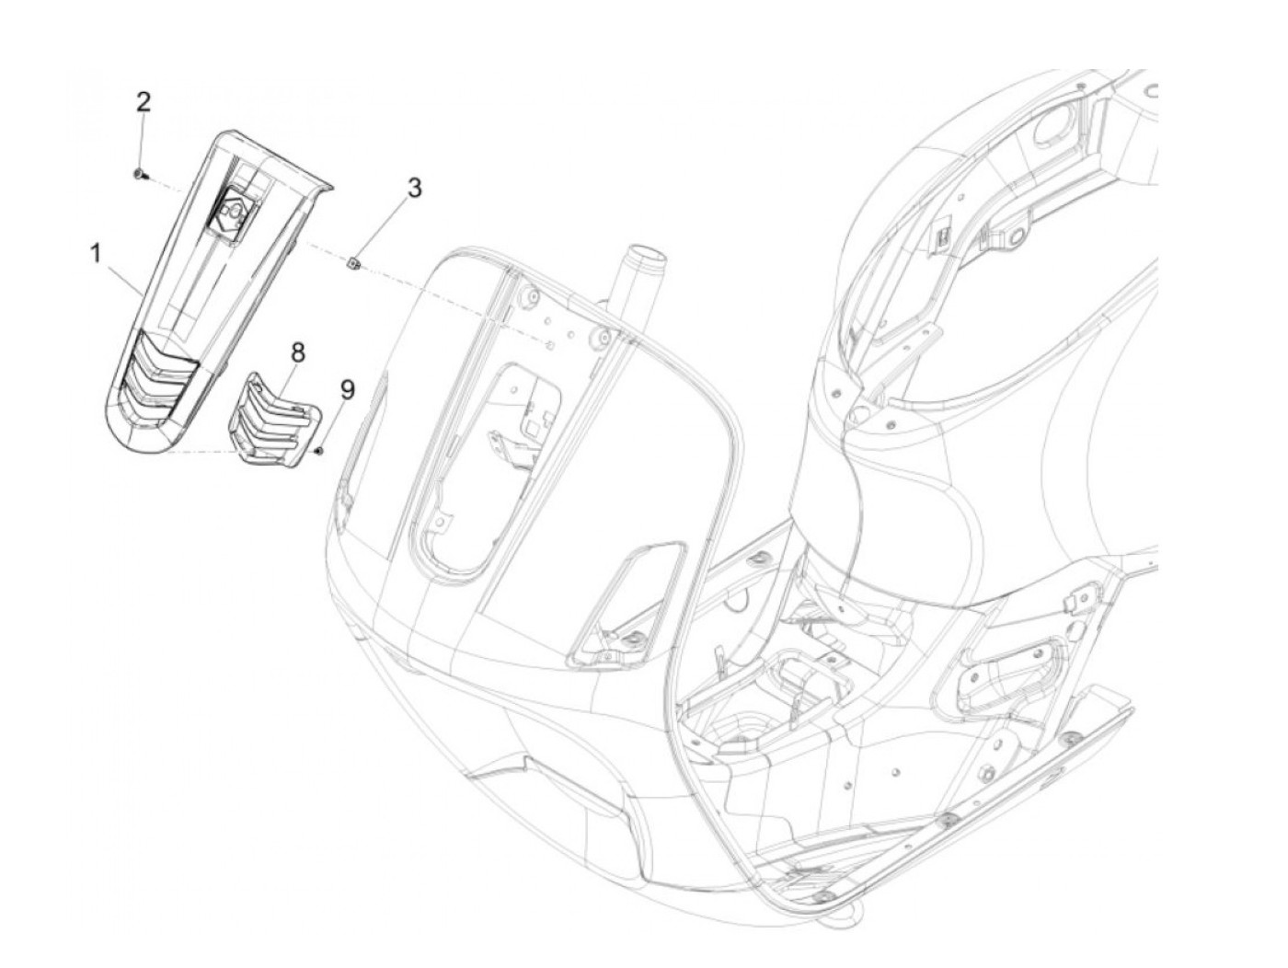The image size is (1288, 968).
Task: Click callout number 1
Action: (x=96, y=253)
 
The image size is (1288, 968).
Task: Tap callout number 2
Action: (x=143, y=101)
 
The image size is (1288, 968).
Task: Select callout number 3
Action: (x=415, y=189)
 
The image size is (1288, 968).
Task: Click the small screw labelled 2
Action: (x=138, y=173)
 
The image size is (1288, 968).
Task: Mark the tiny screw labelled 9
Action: (x=318, y=451)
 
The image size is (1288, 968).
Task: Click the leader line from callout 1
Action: (x=124, y=273)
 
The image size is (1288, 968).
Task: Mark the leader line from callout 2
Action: (x=141, y=143)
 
